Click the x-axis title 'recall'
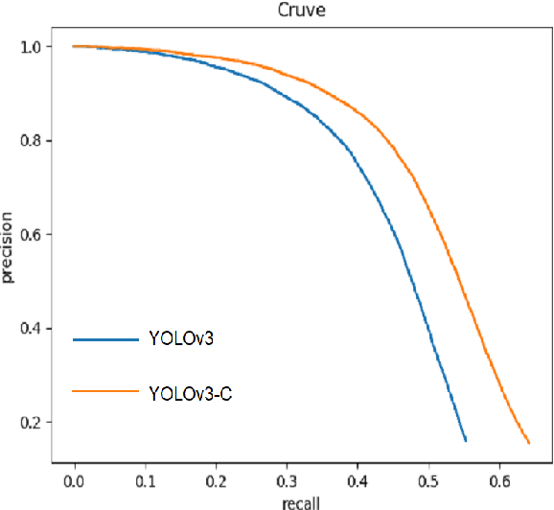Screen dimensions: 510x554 pyautogui.click(x=302, y=500)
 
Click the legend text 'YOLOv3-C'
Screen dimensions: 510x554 pyautogui.click(x=191, y=391)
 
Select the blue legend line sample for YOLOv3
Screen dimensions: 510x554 pyautogui.click(x=105, y=339)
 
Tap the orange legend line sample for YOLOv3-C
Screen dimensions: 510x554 pyautogui.click(x=105, y=391)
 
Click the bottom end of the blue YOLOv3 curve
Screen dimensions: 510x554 pyautogui.click(x=466, y=441)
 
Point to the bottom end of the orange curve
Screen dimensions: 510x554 pyautogui.click(x=529, y=443)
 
